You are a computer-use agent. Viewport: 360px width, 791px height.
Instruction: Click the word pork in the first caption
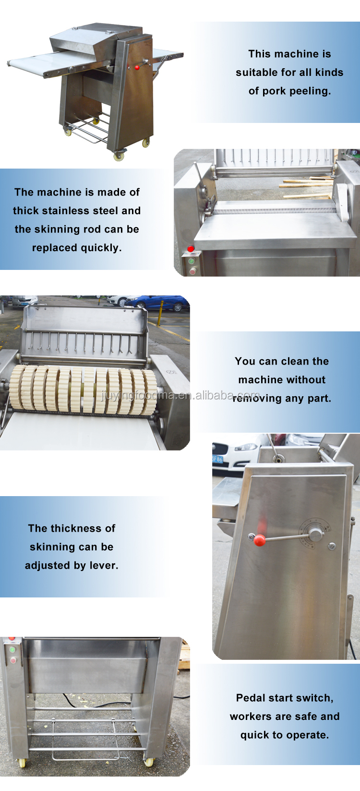tap(274, 91)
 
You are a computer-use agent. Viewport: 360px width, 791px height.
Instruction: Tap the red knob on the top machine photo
tap(137, 67)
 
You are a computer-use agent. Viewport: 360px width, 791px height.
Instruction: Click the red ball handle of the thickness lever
tap(259, 540)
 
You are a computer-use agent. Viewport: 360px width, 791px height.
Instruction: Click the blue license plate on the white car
tap(217, 460)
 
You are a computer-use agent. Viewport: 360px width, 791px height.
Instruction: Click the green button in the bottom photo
tap(12, 649)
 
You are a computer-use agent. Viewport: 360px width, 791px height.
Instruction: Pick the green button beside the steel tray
tap(192, 262)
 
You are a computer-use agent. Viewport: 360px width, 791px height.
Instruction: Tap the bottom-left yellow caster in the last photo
tap(23, 762)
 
